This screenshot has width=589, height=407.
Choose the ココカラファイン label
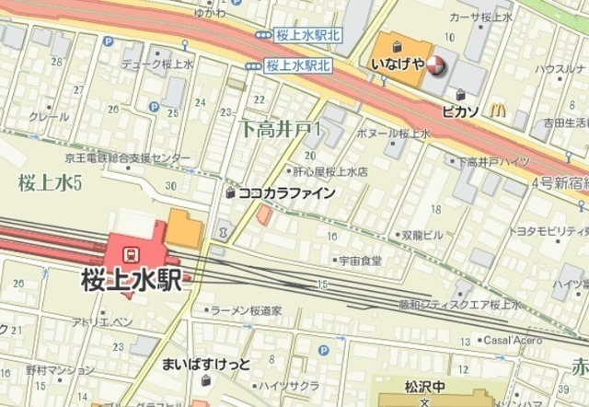click(x=285, y=193)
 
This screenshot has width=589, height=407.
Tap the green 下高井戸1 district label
click(x=280, y=130)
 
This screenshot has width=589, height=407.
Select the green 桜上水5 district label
click(x=50, y=181)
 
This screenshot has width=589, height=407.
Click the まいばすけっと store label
click(x=206, y=364)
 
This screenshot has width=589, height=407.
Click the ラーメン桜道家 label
click(x=246, y=311)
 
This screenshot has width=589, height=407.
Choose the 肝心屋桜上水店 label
click(x=331, y=171)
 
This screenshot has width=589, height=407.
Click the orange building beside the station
click(x=183, y=228)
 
